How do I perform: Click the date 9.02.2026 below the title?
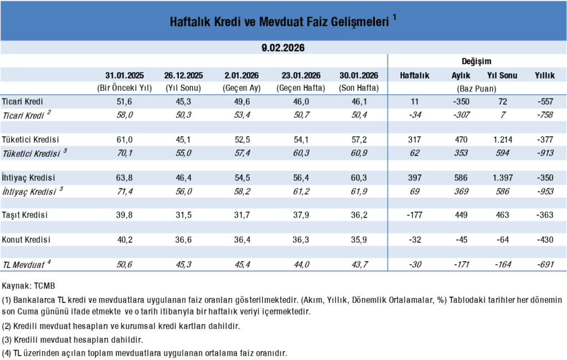tap(283, 48)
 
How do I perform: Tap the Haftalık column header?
tap(415, 75)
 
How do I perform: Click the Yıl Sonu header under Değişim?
tap(502, 75)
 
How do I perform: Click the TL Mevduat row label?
tap(24, 264)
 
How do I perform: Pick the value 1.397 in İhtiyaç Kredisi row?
tap(502, 178)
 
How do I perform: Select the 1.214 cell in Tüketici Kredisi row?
tap(502, 140)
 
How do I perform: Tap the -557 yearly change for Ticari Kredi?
tap(545, 102)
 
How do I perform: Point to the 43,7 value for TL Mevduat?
tap(358, 265)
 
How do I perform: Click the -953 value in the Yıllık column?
tap(545, 191)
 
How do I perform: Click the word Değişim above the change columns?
tap(476, 61)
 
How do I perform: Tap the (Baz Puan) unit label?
tap(476, 88)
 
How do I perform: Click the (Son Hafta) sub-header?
tap(358, 88)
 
